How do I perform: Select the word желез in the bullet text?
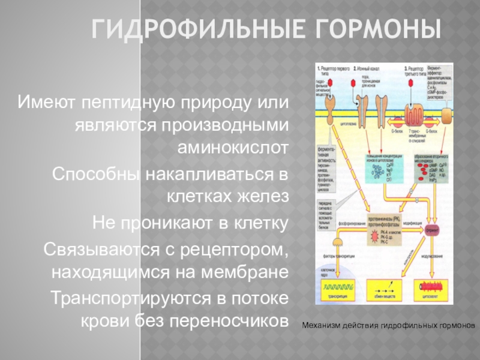pyautogui.click(x=264, y=197)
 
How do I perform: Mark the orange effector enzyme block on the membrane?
pyautogui.click(x=448, y=112)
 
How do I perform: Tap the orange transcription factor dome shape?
pyautogui.click(x=338, y=242)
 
